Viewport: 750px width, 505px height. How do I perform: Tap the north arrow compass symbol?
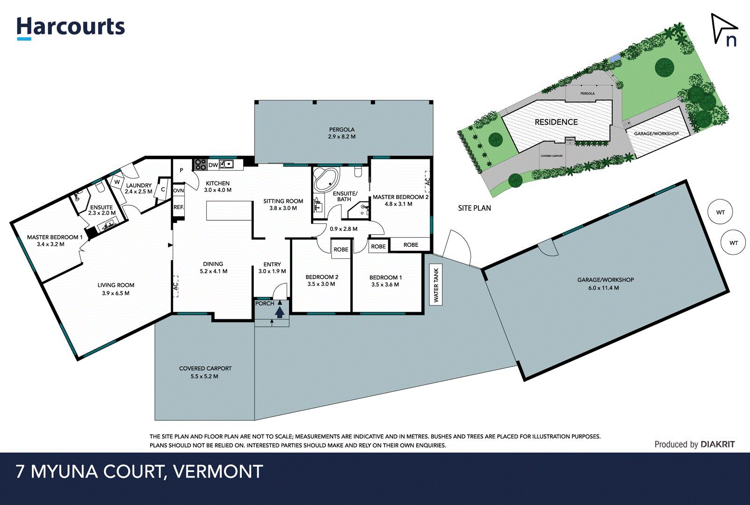tap(723, 30)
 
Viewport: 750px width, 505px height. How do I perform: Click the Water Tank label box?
tap(436, 285)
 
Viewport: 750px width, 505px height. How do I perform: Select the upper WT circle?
tap(720, 212)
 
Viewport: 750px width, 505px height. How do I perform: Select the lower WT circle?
tap(733, 243)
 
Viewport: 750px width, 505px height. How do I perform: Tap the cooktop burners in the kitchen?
tap(200, 165)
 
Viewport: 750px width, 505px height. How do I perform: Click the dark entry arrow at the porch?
tap(280, 312)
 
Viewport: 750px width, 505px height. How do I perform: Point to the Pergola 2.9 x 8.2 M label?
tap(341, 133)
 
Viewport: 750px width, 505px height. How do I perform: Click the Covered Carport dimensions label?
tap(205, 376)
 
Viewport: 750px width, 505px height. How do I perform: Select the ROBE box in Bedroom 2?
tap(340, 249)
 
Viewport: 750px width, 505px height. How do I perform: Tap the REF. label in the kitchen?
tap(179, 207)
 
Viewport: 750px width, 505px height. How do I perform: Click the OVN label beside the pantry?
tap(179, 191)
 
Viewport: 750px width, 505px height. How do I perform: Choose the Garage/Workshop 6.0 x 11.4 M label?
tap(605, 284)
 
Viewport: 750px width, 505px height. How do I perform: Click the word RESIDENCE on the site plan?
tap(556, 122)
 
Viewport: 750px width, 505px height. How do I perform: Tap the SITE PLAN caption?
tap(474, 208)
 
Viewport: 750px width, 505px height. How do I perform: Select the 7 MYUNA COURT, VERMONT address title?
tap(139, 471)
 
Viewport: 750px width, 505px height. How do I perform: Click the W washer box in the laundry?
tap(117, 182)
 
